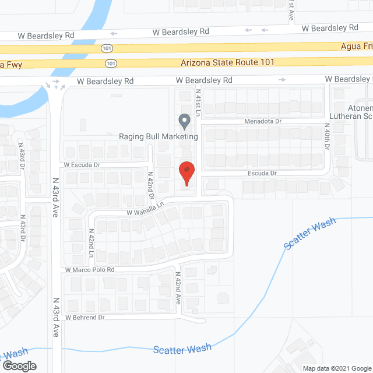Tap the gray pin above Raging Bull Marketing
point(184,121)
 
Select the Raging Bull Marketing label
point(159,137)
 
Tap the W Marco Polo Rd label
point(90,270)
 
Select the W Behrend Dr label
point(85,318)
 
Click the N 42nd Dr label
point(150,182)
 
